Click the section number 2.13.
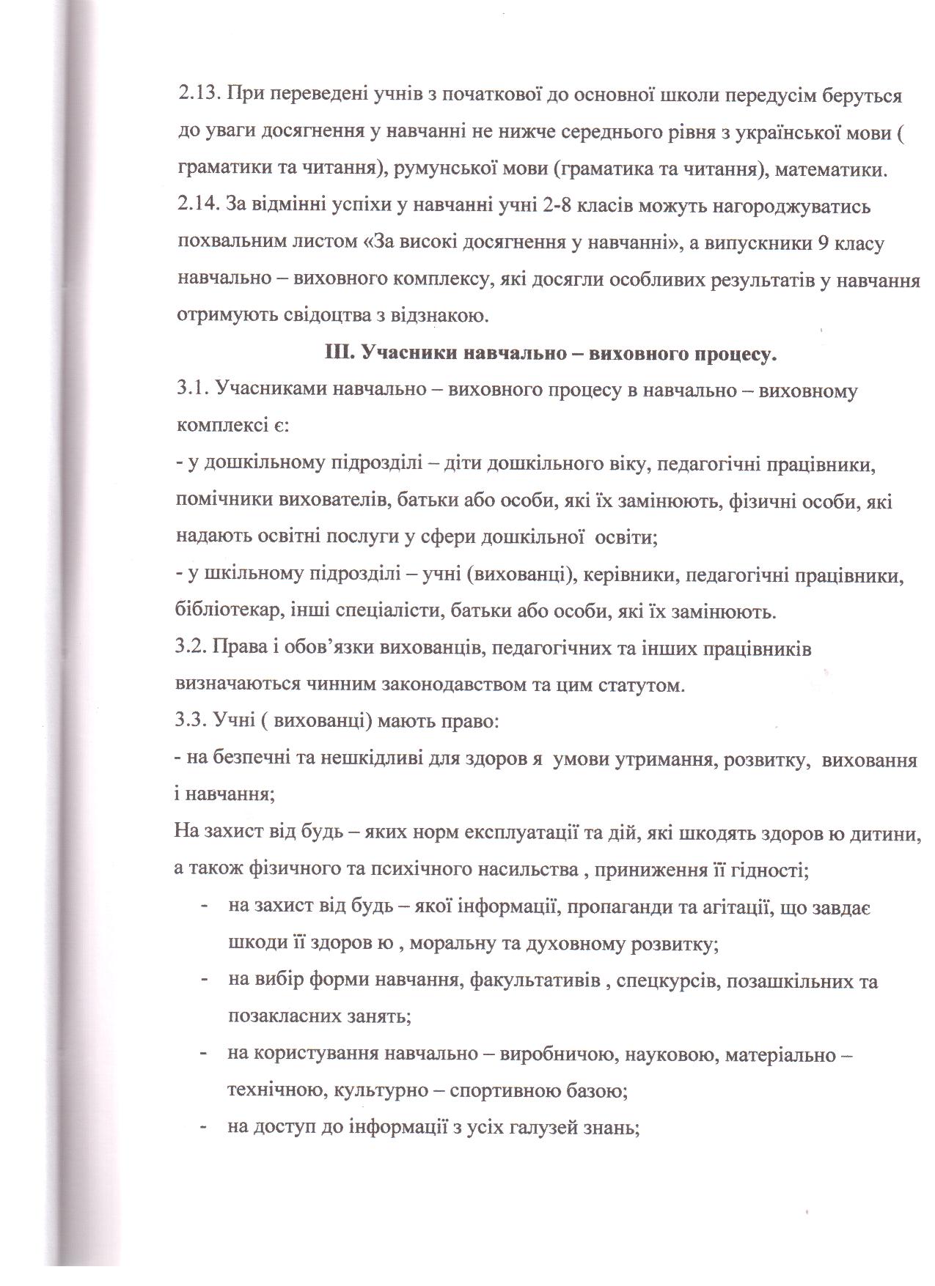point(197,96)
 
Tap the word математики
point(830,170)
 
